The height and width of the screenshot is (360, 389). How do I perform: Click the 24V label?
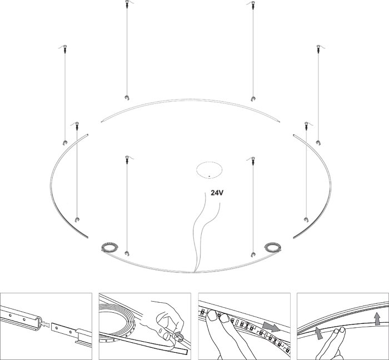(217, 193)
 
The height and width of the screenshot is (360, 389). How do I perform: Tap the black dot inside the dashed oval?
(209, 176)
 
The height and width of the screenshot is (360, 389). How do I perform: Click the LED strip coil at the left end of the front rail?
(110, 247)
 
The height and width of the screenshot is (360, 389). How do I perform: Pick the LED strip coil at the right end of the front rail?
(272, 247)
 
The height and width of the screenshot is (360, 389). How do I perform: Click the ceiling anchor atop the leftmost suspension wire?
(65, 48)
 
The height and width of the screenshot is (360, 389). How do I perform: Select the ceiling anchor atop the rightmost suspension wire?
(318, 48)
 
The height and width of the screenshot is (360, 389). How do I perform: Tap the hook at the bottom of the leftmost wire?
(65, 142)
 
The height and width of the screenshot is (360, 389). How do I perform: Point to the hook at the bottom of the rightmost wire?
(318, 142)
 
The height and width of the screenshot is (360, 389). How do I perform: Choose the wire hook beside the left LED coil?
(127, 253)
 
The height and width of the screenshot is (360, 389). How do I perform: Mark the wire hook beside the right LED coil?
(253, 254)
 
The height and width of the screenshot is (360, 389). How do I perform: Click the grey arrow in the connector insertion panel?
(44, 324)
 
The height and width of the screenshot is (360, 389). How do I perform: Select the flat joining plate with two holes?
(63, 328)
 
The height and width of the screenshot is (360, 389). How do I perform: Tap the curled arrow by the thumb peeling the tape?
(179, 336)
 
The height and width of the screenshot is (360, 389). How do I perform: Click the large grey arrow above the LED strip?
(271, 326)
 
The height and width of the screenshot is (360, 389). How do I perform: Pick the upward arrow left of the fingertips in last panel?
(319, 333)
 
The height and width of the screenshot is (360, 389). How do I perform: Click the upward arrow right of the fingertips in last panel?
(377, 318)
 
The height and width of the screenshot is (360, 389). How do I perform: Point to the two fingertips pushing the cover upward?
(339, 331)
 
